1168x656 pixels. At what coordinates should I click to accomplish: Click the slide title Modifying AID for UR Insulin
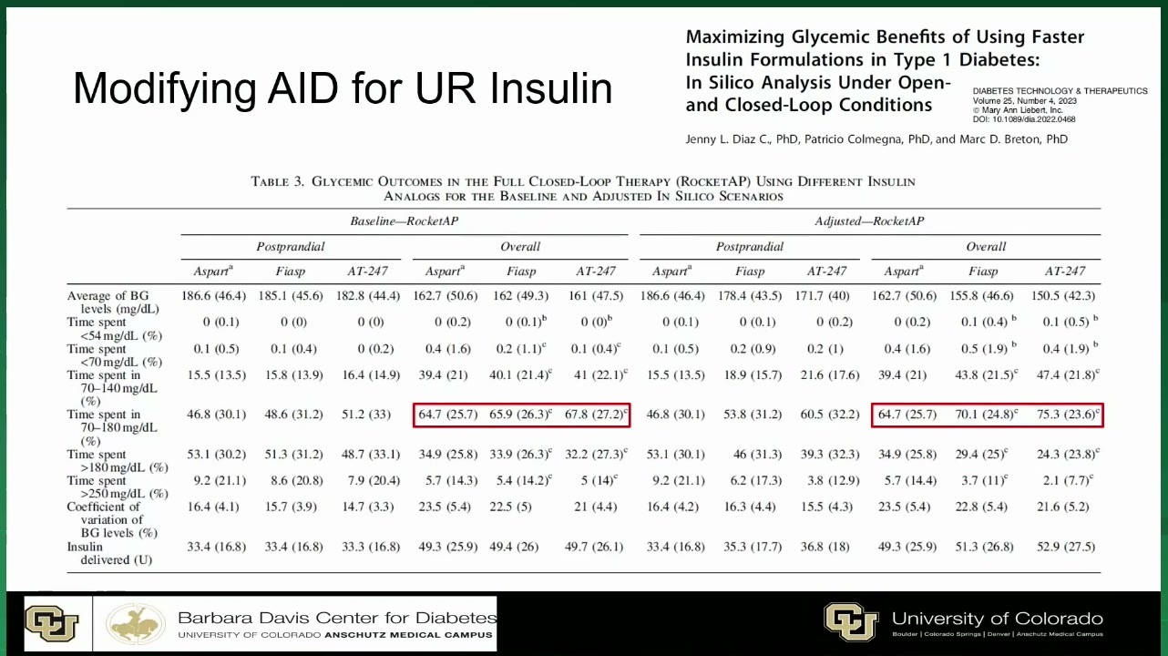tap(343, 88)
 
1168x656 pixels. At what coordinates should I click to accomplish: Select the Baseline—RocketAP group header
tap(405, 221)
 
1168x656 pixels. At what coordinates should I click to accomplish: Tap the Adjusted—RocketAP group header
tap(869, 221)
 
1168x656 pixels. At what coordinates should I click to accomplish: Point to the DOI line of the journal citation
tap(1024, 119)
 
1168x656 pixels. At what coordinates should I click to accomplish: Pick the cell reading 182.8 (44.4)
tap(367, 296)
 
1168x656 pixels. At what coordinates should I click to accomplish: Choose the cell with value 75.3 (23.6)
tap(1067, 415)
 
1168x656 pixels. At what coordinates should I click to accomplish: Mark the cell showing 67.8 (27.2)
tap(596, 415)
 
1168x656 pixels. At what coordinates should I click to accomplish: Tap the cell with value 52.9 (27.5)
tap(1066, 547)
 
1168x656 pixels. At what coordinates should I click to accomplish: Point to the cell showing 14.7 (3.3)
tap(367, 507)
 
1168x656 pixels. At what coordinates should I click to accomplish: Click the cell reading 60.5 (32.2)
tap(830, 415)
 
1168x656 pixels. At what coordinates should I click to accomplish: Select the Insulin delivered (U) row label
tap(109, 553)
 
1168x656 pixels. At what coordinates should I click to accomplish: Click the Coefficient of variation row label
tap(112, 520)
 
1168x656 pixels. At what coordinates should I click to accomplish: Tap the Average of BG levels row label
tap(113, 302)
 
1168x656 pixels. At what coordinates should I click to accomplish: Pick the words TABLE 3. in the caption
tap(277, 181)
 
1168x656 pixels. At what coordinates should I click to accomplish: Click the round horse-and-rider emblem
tap(136, 624)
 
